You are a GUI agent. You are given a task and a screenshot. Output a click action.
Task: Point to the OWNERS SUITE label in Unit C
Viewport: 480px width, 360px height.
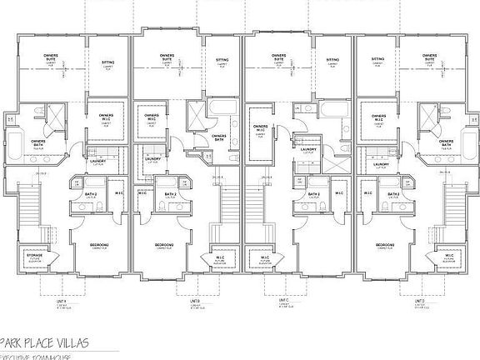coord(280,58)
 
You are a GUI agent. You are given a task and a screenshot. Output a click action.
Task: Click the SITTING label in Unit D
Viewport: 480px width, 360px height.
coord(379,61)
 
